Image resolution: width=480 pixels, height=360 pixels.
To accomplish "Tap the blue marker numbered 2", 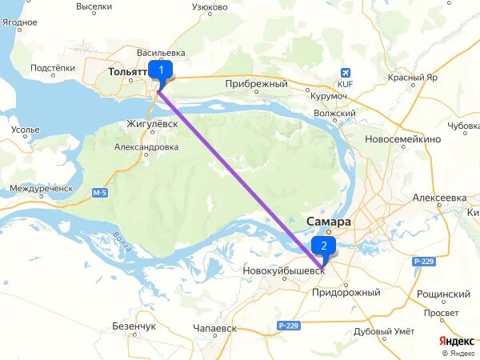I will coord(323,246).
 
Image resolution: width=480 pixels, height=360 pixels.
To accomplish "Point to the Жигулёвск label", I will coord(153,124).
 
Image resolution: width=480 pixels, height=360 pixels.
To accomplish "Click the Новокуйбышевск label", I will coord(284,271).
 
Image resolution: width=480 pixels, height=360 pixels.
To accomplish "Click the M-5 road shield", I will coord(99,192).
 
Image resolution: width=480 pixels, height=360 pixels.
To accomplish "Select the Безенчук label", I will coord(134,326).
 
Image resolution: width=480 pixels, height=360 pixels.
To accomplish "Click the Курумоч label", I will coord(329,97).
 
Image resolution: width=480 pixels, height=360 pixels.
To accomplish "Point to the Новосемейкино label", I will coord(402,139).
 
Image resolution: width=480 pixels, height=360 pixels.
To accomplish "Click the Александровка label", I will coord(146,147).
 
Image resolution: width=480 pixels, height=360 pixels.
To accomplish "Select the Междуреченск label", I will coord(41,189).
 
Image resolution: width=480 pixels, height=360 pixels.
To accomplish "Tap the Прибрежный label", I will coord(256,83).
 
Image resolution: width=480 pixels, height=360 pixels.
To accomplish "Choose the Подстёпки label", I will coord(53,69).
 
